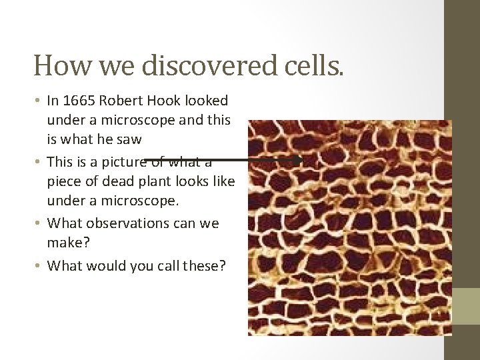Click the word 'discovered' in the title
[x=189, y=65]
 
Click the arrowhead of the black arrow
[x=298, y=160]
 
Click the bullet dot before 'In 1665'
[x=39, y=101]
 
